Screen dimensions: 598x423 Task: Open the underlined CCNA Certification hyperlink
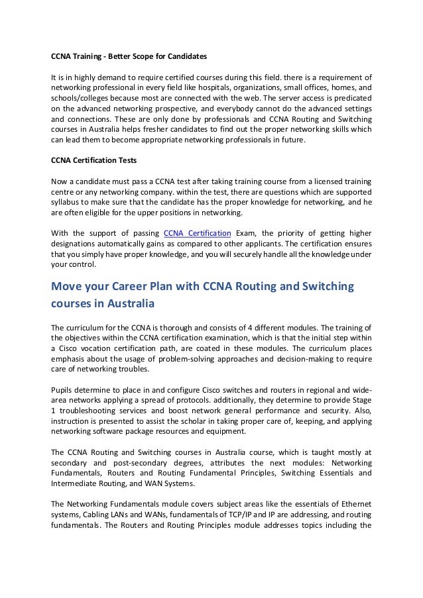point(197,233)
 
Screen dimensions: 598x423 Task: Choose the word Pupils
point(63,390)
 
